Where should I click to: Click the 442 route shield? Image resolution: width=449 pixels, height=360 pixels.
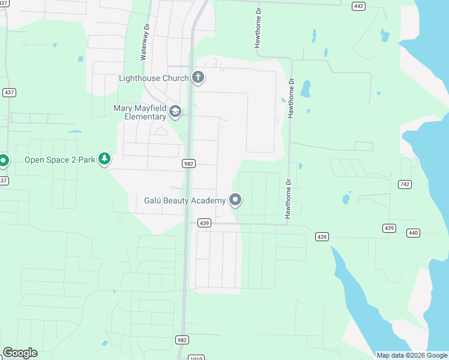358,6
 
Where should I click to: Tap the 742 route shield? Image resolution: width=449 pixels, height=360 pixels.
404,184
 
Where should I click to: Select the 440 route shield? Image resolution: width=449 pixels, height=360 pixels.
412,232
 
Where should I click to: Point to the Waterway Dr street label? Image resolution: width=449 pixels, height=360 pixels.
144,43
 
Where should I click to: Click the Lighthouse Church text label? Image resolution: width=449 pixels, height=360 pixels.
154,78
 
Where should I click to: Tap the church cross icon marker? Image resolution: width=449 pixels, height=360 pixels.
198,77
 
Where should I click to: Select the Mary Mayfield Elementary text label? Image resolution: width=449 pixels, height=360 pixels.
140,112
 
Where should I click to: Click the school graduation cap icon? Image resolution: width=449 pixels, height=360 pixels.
175,111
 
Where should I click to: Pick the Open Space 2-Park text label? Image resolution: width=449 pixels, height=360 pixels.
59,160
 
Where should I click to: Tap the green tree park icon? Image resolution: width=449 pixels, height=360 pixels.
105,159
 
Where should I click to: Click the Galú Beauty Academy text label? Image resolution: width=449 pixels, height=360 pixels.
185,200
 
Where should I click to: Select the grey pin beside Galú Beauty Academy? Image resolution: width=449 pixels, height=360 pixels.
235,200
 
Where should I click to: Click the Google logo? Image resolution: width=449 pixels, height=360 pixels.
20,353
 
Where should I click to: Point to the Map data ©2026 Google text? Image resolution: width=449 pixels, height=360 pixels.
412,355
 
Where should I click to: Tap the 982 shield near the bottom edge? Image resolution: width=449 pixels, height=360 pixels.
182,340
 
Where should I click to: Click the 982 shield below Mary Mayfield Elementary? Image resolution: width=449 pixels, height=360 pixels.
188,163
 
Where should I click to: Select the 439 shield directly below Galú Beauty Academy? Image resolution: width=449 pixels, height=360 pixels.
205,223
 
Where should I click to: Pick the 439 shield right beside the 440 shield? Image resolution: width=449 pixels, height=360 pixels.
390,228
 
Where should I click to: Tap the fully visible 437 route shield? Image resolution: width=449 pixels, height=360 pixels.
9,92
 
